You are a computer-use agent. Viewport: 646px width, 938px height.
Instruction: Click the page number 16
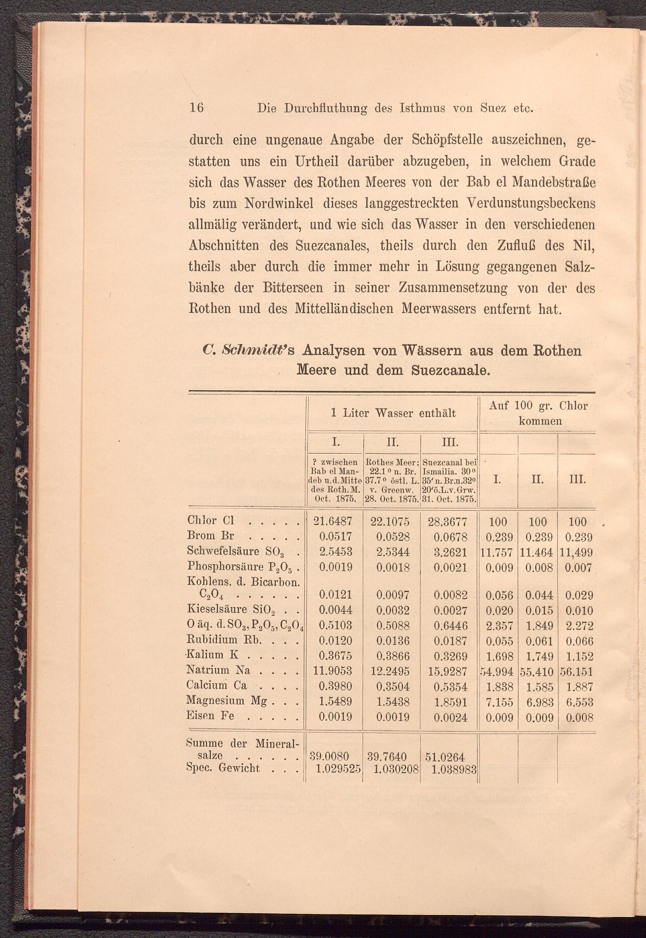point(196,108)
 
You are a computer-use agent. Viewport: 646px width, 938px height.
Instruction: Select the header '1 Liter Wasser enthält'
point(393,413)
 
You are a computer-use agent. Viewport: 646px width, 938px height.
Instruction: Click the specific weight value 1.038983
point(454,769)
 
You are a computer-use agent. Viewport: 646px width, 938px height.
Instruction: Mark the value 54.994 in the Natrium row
point(497,672)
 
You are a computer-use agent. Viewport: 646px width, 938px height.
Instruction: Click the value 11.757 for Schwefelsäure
point(497,552)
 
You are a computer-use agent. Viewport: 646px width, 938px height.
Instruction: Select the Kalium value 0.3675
point(335,656)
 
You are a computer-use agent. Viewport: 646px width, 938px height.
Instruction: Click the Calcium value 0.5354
point(450,687)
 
